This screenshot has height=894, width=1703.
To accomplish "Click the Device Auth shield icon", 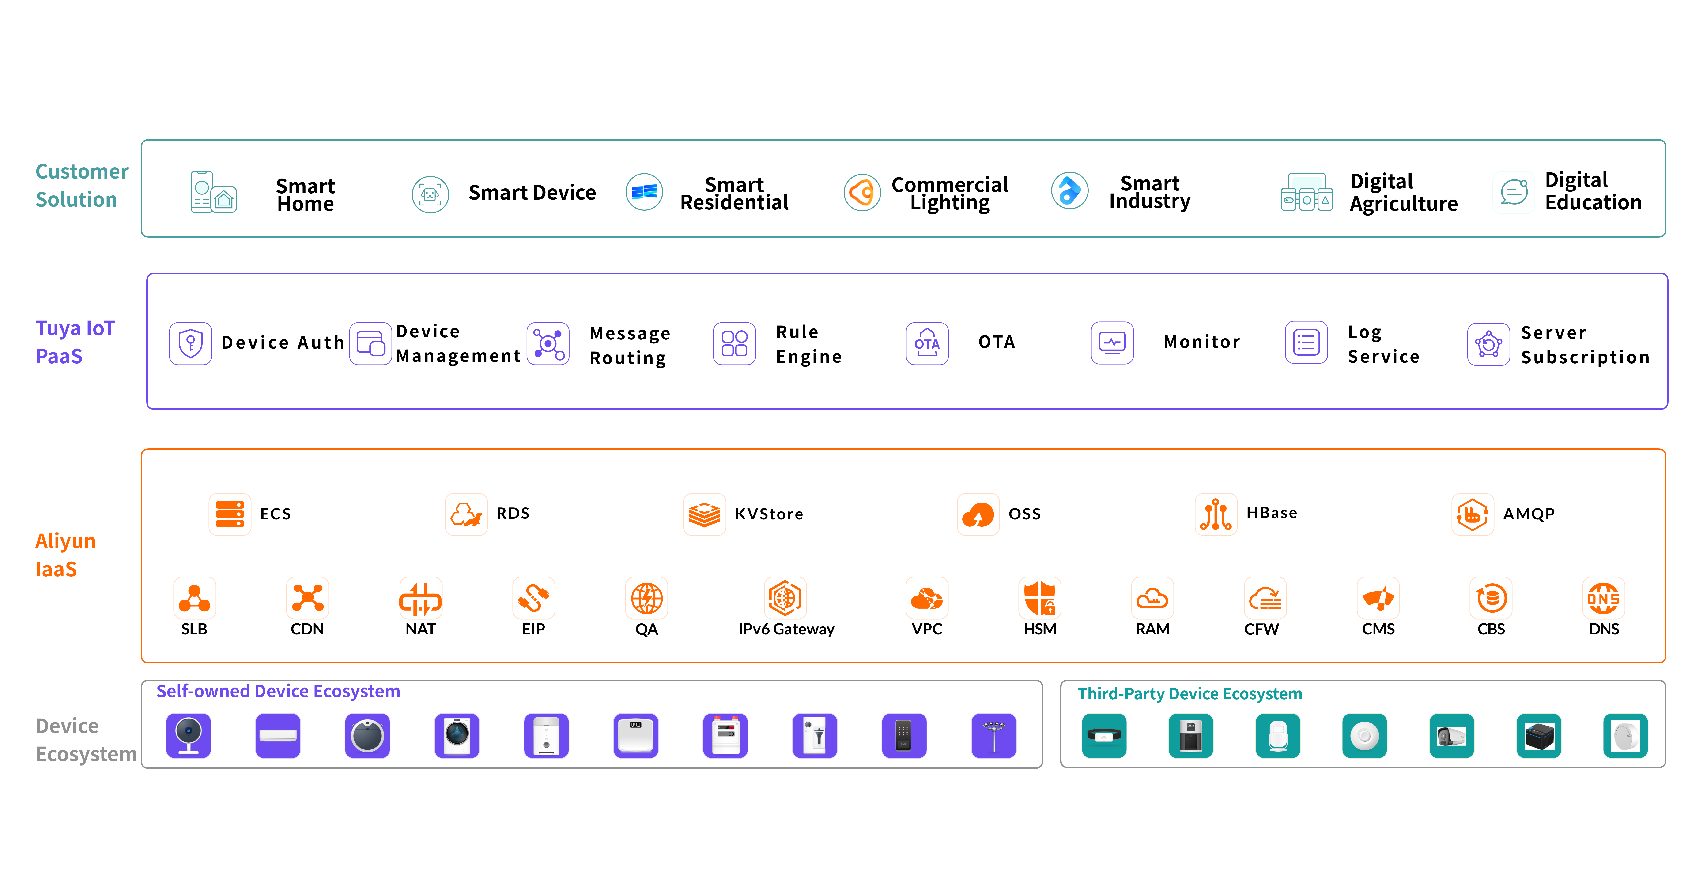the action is pos(190,343).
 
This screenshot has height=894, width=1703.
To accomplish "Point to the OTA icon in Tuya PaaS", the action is pos(927,343).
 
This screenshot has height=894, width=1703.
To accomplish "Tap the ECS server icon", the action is pos(230,513).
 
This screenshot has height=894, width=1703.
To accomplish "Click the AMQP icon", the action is pos(1472,513).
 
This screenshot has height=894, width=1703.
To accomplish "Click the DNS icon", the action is pos(1603,598).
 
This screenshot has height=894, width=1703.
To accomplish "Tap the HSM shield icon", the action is pos(1039,598).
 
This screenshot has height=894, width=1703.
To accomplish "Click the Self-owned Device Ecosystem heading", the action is pos(278,691).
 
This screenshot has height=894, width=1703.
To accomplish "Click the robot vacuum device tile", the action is pos(368,735).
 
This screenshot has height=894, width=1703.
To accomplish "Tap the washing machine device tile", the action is pos(457,735).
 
